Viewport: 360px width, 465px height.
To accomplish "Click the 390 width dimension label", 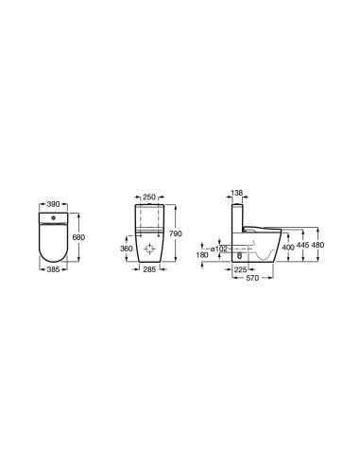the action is click(53, 204).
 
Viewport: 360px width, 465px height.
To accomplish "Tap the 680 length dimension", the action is click(78, 237).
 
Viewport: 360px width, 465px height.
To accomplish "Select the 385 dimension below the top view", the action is click(53, 269).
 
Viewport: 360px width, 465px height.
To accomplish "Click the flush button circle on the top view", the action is click(53, 217).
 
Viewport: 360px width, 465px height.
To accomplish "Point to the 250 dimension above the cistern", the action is click(149, 198).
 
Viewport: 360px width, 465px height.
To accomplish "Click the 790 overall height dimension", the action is click(176, 233).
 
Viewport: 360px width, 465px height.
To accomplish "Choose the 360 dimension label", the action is click(127, 249).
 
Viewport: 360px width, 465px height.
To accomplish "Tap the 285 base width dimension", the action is click(149, 269).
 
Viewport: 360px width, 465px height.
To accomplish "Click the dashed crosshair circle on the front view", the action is click(149, 250).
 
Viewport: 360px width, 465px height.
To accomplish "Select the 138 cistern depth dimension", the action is click(237, 193).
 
